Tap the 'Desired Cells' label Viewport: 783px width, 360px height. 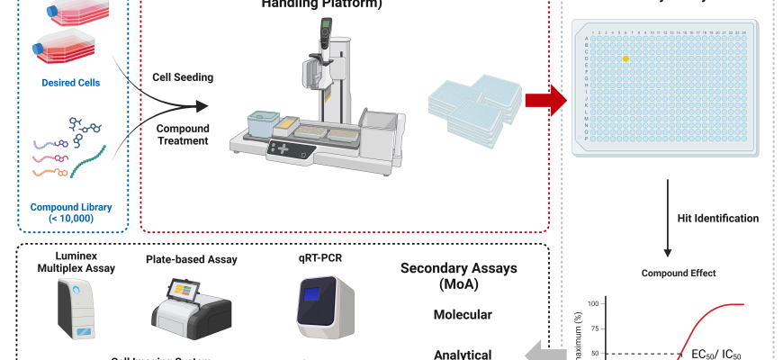coord(71,83)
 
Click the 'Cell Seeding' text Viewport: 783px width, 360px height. coord(184,77)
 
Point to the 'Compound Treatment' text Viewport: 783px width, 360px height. coord(183,134)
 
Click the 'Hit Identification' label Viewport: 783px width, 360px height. coord(717,218)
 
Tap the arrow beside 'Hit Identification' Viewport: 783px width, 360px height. coord(667,218)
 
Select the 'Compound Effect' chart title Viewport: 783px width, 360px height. coord(676,273)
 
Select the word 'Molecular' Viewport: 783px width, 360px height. coord(463,314)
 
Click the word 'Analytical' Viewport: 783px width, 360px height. coord(463,355)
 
